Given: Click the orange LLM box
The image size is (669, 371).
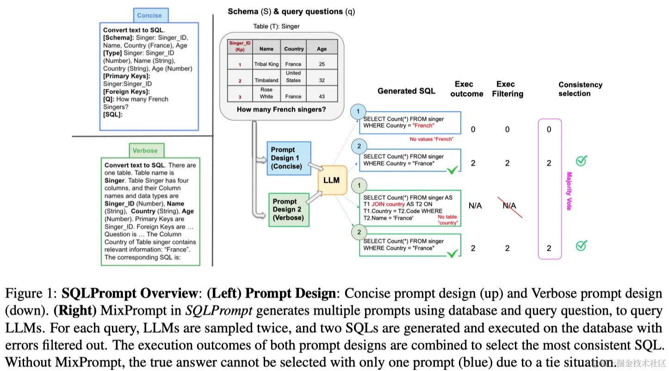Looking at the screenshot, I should pyautogui.click(x=331, y=180).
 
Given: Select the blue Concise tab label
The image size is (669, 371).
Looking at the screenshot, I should pyautogui.click(x=149, y=15).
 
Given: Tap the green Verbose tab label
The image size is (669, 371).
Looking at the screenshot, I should pyautogui.click(x=145, y=150).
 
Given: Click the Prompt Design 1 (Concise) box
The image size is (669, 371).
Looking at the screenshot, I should pyautogui.click(x=289, y=158).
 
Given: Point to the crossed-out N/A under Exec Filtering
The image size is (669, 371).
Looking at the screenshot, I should pyautogui.click(x=509, y=205).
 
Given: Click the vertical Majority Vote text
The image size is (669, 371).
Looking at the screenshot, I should pyautogui.click(x=569, y=191).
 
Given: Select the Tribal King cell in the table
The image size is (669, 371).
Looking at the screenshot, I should pyautogui.click(x=266, y=64).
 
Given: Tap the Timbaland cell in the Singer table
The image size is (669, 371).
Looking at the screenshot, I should pyautogui.click(x=266, y=80).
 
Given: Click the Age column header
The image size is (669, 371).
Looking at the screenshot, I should pyautogui.click(x=322, y=49).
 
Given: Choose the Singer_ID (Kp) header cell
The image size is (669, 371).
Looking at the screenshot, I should pyautogui.click(x=240, y=46).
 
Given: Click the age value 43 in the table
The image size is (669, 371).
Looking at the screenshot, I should pyautogui.click(x=322, y=97).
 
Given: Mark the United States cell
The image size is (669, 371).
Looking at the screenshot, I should pyautogui.click(x=293, y=77).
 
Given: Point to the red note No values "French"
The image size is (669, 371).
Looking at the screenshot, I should pyautogui.click(x=431, y=139).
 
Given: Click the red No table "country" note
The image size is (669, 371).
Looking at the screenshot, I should pyautogui.click(x=447, y=220).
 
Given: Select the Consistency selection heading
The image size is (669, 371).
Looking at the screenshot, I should pyautogui.click(x=580, y=89).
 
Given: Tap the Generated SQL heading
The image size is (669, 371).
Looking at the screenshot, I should pyautogui.click(x=406, y=91).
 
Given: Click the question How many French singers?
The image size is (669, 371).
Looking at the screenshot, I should pyautogui.click(x=281, y=110).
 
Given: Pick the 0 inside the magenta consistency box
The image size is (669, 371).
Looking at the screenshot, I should pyautogui.click(x=549, y=130).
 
